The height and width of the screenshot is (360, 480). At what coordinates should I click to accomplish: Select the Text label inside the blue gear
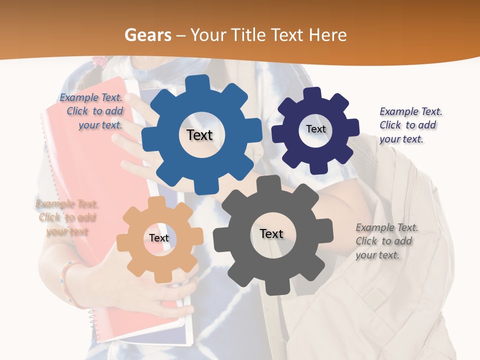199,135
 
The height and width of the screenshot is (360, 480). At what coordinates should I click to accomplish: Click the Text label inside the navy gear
315,129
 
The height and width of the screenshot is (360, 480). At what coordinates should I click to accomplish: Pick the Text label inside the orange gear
159,238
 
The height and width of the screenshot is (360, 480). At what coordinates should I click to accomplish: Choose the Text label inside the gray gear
271,234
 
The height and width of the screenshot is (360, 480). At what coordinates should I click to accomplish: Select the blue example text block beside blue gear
93,111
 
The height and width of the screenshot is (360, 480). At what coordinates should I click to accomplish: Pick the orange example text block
66,217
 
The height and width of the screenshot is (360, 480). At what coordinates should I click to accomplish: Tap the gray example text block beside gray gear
386,241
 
